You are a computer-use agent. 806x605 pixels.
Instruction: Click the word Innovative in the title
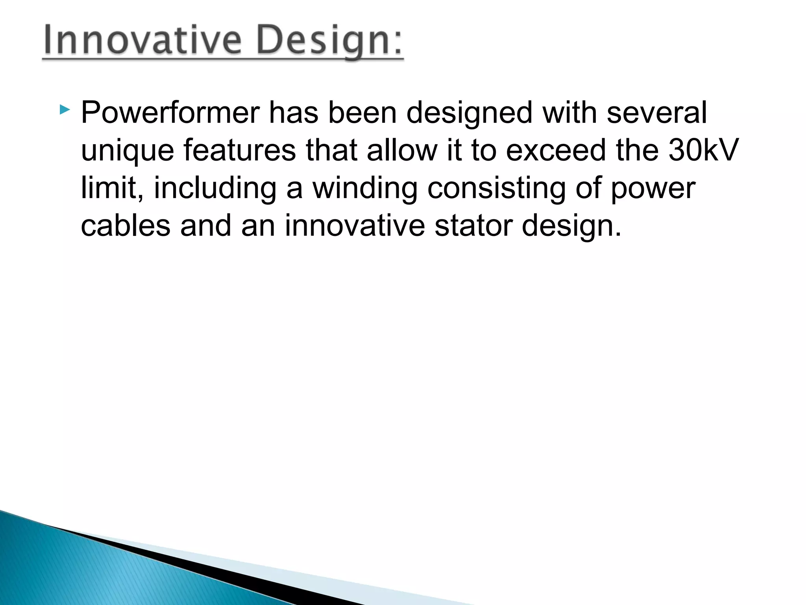click(142, 40)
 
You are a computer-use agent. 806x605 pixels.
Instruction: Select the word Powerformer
click(170, 113)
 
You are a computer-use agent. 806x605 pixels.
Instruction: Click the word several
click(656, 113)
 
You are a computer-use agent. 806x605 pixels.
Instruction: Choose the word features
click(239, 150)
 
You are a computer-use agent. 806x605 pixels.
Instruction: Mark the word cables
click(126, 226)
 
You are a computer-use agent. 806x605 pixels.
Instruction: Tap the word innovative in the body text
click(355, 226)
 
